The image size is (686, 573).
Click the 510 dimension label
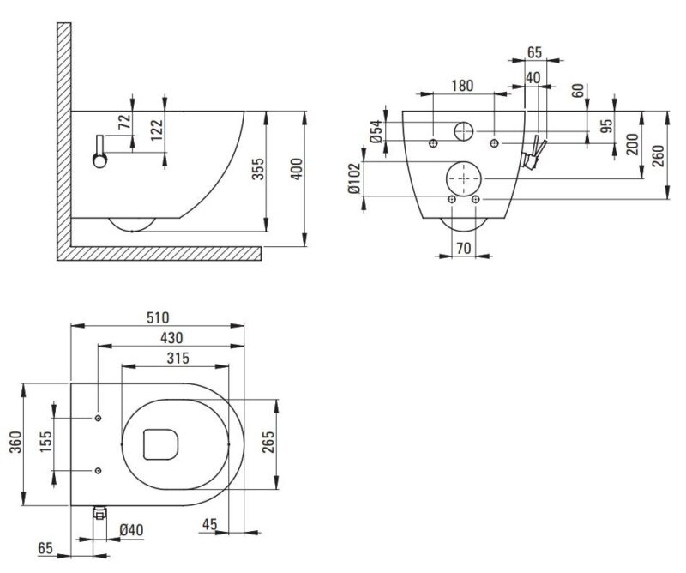click(x=156, y=317)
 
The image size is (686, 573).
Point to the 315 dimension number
click(x=178, y=358)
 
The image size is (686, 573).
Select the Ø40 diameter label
click(x=131, y=529)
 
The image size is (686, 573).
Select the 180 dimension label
click(x=463, y=85)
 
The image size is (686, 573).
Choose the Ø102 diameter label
click(x=355, y=179)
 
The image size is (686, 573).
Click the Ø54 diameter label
click(x=376, y=131)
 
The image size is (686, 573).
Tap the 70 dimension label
click(x=464, y=250)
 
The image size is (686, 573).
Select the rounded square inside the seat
click(x=159, y=443)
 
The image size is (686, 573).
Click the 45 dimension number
click(x=211, y=524)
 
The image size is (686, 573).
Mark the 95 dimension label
click(x=607, y=125)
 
